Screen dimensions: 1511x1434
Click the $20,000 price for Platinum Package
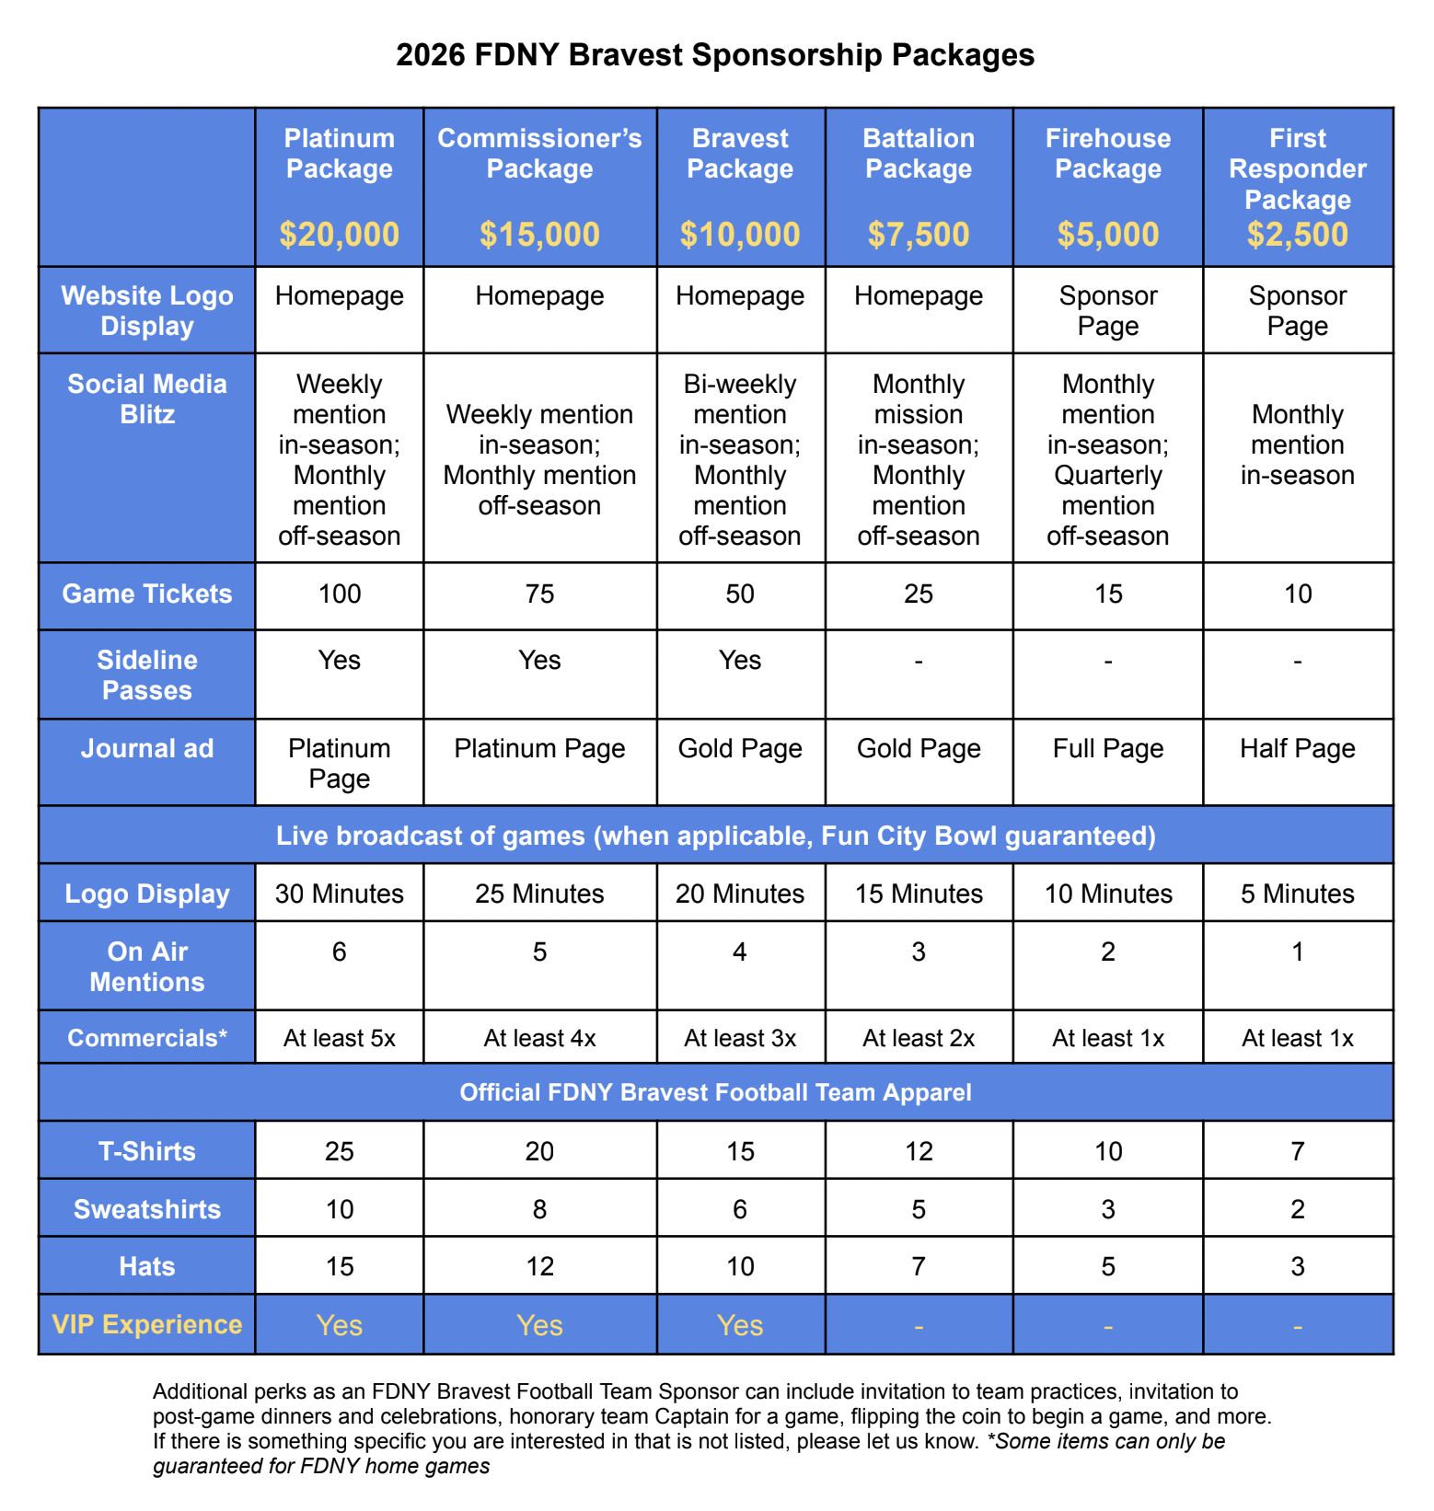340,235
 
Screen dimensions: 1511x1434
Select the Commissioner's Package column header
539,154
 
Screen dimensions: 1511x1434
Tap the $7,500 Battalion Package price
919,235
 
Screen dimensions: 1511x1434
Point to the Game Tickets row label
147,594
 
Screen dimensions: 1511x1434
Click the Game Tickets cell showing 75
539,594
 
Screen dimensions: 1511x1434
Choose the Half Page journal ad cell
1298,748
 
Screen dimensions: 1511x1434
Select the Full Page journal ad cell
1108,748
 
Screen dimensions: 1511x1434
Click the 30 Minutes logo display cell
340,894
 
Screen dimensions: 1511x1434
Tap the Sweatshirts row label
147,1209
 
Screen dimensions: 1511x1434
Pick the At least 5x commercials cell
340,1038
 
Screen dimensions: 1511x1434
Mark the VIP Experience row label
147,1324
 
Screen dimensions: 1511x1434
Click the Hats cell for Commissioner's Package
539,1266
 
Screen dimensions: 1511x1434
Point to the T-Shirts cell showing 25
340,1151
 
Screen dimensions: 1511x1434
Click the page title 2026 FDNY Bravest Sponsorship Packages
715,55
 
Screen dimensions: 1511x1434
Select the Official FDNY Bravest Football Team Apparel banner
715,1092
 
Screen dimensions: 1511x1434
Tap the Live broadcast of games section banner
715,836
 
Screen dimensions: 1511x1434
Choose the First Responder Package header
1298,168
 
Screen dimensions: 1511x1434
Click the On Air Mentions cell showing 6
340,952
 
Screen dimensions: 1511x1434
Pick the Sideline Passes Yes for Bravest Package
740,660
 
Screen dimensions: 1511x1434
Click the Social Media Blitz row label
147,398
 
